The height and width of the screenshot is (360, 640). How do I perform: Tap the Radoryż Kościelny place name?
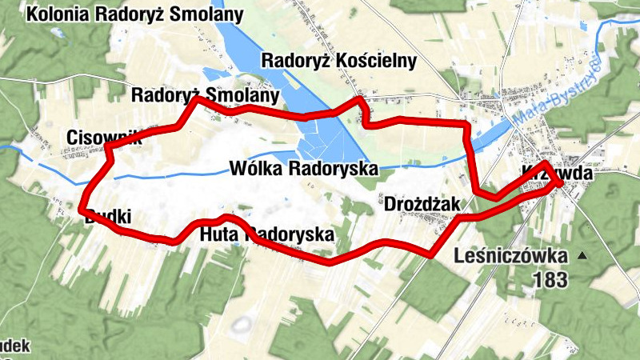click(x=340, y=61)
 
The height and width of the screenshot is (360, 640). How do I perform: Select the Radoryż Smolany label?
click(x=206, y=96)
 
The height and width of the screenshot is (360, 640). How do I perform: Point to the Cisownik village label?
click(x=105, y=136)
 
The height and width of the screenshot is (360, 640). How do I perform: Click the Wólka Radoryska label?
click(x=302, y=169)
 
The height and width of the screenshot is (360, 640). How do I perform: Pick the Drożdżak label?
click(x=422, y=205)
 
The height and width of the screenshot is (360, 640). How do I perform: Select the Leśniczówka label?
click(x=510, y=257)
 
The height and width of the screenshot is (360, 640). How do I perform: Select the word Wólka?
click(x=254, y=169)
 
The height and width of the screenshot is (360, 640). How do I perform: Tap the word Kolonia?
click(x=60, y=14)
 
